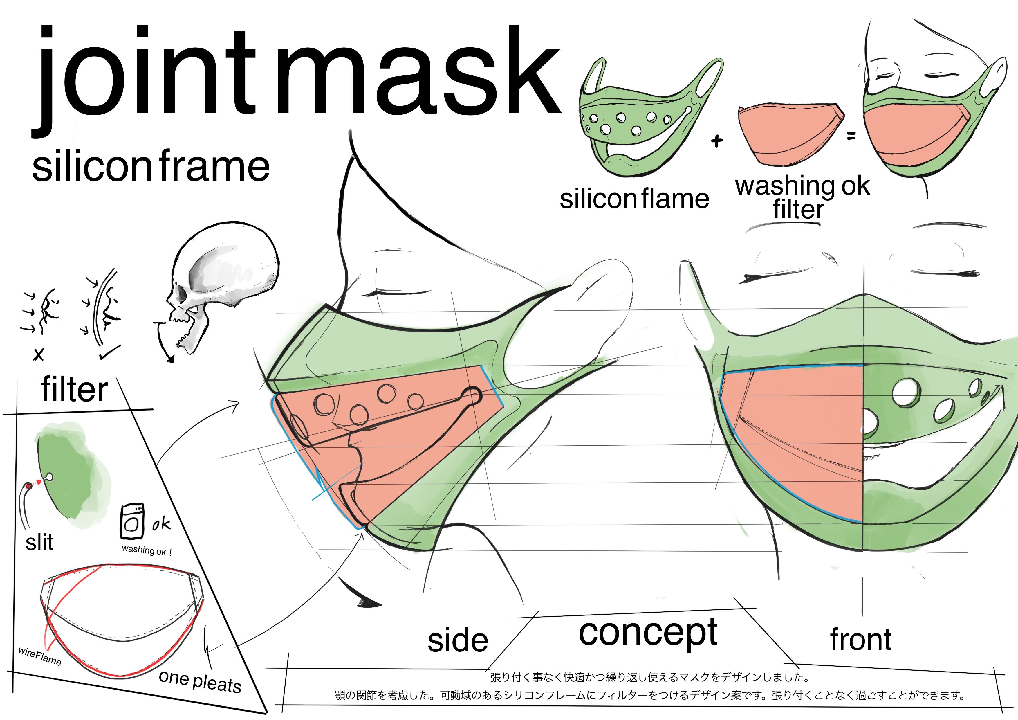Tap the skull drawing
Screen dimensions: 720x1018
(x=222, y=284)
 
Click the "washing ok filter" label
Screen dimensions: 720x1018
(x=802, y=197)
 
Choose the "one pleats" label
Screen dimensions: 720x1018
(x=200, y=681)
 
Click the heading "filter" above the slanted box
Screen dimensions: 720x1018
(x=75, y=390)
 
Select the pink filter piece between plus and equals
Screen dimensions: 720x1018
(x=789, y=133)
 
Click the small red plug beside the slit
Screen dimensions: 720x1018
(x=29, y=487)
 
